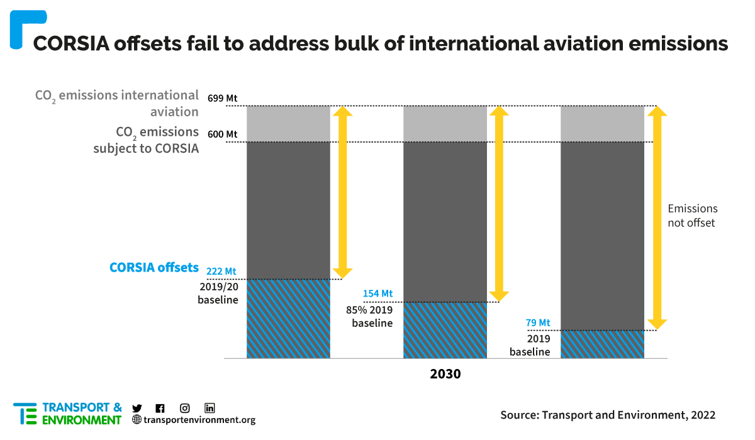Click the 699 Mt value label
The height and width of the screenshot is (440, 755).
(223, 98)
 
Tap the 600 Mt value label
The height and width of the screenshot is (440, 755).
(223, 134)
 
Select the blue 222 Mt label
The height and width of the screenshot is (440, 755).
(221, 272)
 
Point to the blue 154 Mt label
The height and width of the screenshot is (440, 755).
(377, 294)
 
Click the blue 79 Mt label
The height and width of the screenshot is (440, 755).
(538, 323)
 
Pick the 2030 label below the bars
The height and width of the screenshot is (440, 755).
(445, 374)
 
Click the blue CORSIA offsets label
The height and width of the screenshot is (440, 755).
(154, 267)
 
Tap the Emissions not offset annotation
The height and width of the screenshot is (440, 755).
(692, 216)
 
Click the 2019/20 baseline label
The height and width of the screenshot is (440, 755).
(218, 294)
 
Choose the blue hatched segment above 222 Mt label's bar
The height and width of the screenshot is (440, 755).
(288, 319)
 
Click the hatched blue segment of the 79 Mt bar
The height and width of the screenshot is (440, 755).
(602, 344)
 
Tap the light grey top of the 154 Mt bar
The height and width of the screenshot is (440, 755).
(445, 124)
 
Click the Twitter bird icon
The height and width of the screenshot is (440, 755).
(137, 408)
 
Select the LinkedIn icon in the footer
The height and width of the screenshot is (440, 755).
(210, 408)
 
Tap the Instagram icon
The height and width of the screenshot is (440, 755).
(185, 408)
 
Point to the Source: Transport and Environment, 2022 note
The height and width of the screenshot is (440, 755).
(608, 415)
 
